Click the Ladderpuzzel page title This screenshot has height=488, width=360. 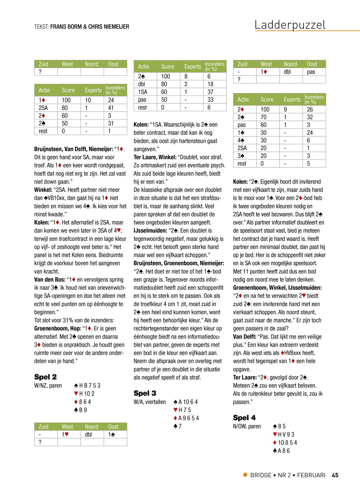coord(290,25)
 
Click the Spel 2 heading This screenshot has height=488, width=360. coord(45,377)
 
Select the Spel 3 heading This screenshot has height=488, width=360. coord(145,393)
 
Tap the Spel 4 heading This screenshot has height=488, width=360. coord(244,418)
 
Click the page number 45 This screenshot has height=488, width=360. coord(335,475)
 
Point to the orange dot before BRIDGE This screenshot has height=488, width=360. coord(245,475)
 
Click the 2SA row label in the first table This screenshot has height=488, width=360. coord(43,108)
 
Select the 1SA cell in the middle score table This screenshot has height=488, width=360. coord(142,92)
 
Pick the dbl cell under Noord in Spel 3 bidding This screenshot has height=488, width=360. coord(287,72)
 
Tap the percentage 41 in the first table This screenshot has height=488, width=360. coord(111,108)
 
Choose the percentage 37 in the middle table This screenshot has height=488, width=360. coord(210,92)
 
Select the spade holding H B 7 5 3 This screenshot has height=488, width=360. coord(87,386)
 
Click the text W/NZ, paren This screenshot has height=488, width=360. coord(48,386)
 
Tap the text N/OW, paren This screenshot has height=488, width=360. coord(247,426)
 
